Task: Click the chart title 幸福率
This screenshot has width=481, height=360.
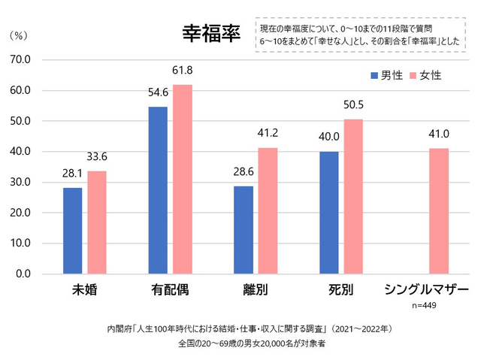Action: [x=210, y=33]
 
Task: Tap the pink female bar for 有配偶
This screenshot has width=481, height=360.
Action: [x=183, y=180]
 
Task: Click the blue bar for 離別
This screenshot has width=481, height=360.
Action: [x=243, y=230]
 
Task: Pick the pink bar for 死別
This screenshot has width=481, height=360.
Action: [x=352, y=197]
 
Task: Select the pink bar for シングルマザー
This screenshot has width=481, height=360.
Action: [x=439, y=211]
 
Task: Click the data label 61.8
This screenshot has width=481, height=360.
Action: [x=183, y=71]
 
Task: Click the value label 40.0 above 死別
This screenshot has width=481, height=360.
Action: [x=328, y=138]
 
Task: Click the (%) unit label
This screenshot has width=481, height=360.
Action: [x=18, y=35]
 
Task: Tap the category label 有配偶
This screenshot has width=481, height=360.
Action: [x=170, y=289]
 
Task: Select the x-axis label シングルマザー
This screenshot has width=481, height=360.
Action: [x=426, y=289]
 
